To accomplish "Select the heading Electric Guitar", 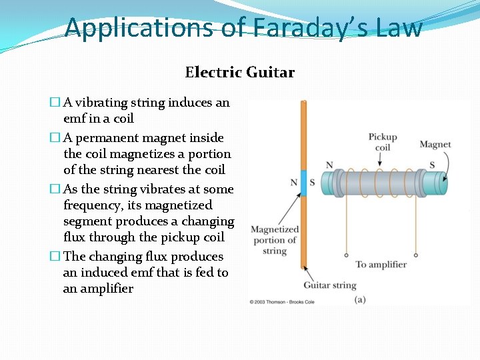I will point(239,72).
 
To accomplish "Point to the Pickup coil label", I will point(383,142).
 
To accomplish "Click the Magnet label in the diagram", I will point(435,144).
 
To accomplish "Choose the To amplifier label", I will point(381,265).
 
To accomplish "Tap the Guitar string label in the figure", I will point(330,285).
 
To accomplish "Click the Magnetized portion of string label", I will point(274,240).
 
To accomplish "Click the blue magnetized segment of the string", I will point(303,182).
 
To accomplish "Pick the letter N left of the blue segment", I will point(293,182).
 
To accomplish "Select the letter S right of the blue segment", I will point(313,182).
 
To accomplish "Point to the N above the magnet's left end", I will point(329,165).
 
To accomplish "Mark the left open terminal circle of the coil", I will point(345,255).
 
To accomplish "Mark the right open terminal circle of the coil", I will point(416,255).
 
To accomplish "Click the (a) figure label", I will point(360,300).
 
